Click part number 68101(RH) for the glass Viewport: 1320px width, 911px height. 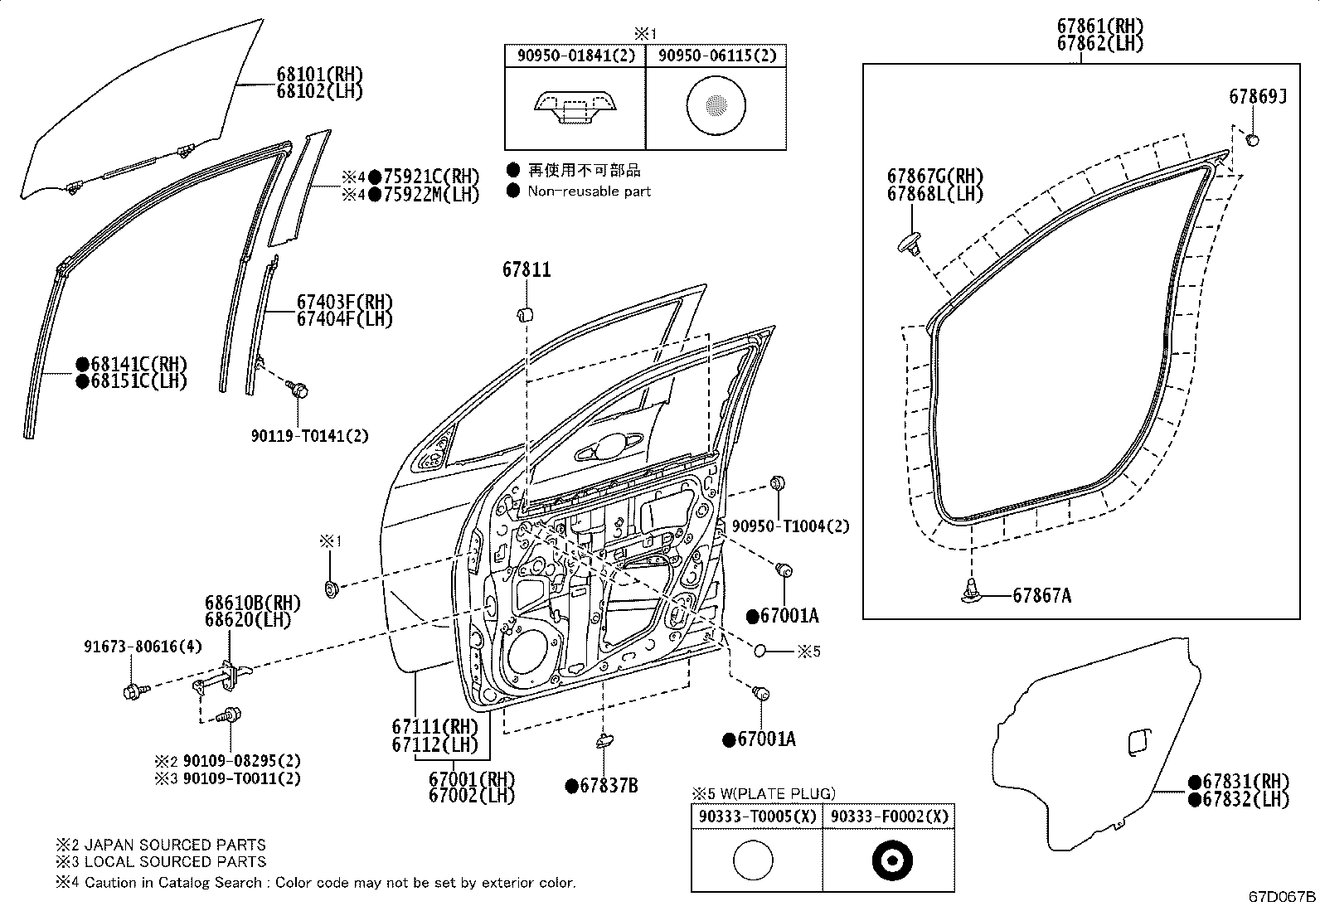click(319, 75)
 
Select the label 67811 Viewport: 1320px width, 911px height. click(526, 270)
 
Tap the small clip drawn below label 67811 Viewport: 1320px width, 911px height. click(524, 314)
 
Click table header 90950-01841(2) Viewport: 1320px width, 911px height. click(575, 56)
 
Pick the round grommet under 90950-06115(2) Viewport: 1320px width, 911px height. click(715, 105)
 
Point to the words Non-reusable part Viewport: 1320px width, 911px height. click(589, 191)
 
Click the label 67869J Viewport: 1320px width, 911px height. click(1257, 97)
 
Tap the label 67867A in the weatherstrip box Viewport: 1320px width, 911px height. click(1041, 596)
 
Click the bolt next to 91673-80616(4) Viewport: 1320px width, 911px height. click(133, 690)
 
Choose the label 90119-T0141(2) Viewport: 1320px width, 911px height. click(309, 435)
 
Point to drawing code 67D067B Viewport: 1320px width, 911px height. click(1282, 896)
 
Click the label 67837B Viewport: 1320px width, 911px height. click(608, 786)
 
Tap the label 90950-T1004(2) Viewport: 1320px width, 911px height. click(790, 526)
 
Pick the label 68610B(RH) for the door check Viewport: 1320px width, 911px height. click(253, 603)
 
